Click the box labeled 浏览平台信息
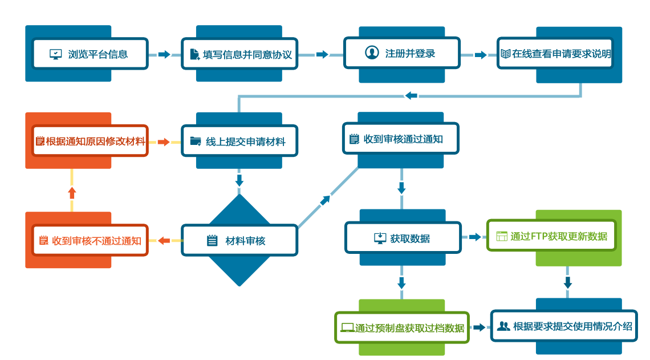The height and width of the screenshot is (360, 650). coord(90,55)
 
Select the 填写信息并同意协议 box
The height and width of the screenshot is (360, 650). coord(240,55)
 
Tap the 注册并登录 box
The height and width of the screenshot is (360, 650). coord(402,53)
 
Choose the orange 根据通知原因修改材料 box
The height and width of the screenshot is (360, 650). coord(90,141)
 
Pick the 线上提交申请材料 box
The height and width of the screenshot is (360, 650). coord(240,141)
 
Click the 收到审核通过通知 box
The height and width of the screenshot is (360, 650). coord(401,139)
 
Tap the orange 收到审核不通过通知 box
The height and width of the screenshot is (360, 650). coord(90,240)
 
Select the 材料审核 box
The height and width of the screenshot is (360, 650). coord(240,240)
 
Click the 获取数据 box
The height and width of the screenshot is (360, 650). coord(403,238)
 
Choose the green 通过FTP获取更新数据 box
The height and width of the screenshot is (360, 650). coord(551,236)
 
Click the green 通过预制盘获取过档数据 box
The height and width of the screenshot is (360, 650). coord(402,327)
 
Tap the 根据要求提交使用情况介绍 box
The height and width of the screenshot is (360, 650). coord(564,326)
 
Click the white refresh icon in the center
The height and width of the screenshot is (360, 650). coord(324,201)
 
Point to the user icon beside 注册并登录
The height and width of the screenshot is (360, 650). coord(372,52)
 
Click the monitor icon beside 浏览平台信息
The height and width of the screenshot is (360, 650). coord(55,55)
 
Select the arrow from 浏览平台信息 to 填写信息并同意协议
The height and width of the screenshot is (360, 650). coord(164,55)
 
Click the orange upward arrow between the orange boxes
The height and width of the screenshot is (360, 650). coord(72,192)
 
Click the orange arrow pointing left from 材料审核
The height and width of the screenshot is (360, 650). coord(164,241)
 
